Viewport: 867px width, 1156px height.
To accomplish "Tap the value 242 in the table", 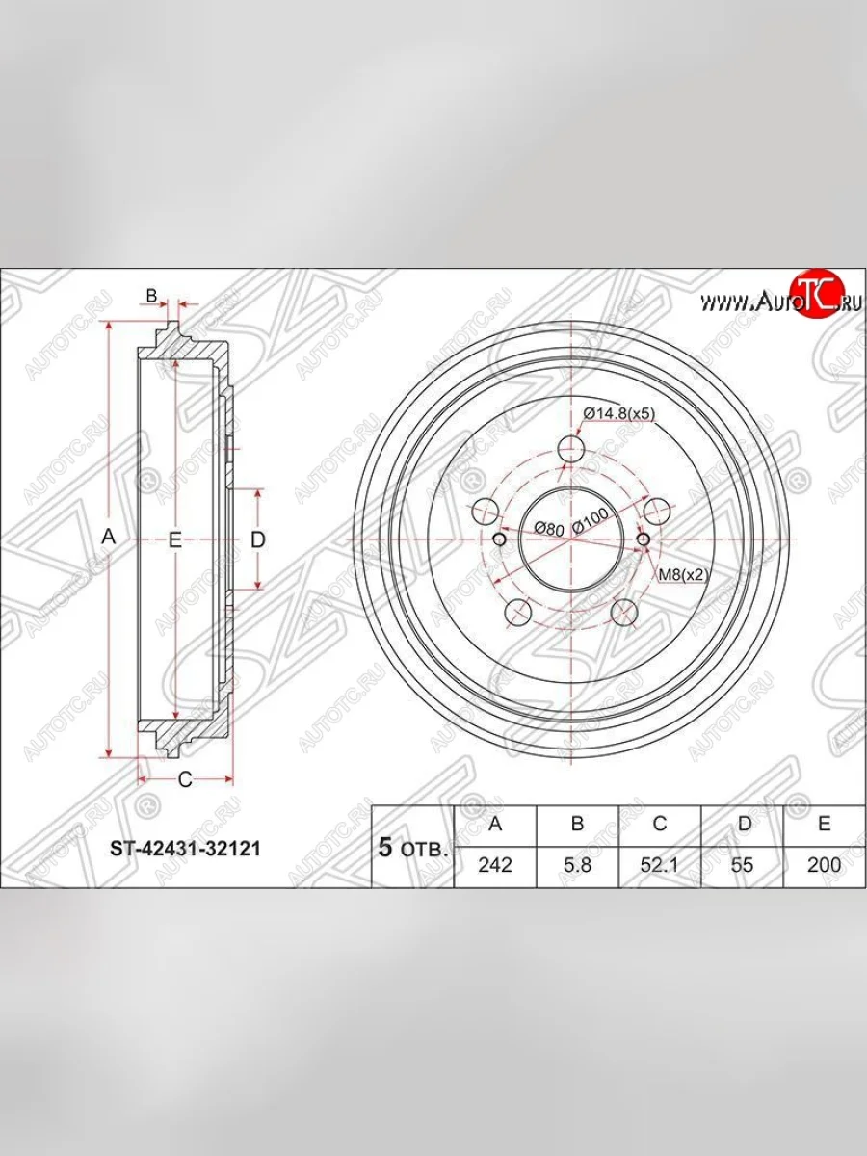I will [494, 864].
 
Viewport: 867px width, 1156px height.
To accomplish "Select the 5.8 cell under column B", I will [577, 864].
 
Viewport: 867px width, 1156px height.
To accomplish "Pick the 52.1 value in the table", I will [659, 864].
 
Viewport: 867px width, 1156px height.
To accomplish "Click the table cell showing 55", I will [742, 864].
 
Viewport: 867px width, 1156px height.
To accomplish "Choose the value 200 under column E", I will [824, 864].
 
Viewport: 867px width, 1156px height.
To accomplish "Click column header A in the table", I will [494, 824].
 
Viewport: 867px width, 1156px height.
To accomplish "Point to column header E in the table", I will [824, 824].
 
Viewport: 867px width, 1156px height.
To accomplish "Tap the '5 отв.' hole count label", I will [411, 849].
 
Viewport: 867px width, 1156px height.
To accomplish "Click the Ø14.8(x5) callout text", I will [618, 414].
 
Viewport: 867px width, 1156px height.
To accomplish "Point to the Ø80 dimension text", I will [548, 528].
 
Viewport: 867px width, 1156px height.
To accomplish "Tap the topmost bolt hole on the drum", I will [572, 448].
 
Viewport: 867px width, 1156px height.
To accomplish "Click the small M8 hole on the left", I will [500, 539].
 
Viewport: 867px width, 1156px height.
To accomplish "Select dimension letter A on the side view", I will [109, 539].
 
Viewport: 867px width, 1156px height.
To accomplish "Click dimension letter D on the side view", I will [257, 540].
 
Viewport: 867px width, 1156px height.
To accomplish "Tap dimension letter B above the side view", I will [151, 295].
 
